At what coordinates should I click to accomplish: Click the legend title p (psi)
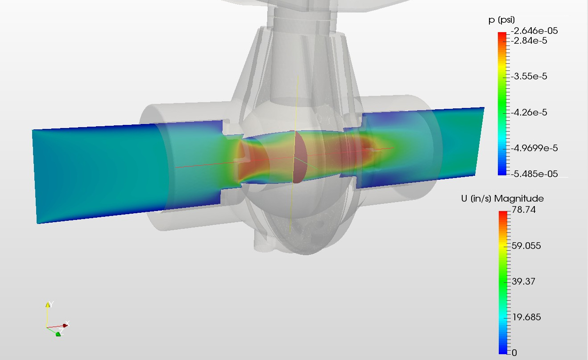pyautogui.click(x=501, y=20)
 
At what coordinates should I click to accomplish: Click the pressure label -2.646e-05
pyautogui.click(x=534, y=31)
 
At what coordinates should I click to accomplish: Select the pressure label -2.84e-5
pyautogui.click(x=529, y=41)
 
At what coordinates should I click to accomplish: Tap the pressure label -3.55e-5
pyautogui.click(x=529, y=76)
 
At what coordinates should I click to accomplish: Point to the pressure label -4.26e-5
pyautogui.click(x=529, y=112)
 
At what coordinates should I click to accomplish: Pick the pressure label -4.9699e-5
pyautogui.click(x=534, y=148)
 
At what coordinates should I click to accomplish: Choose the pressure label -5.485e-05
pyautogui.click(x=534, y=174)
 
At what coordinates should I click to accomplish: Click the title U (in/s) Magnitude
pyautogui.click(x=502, y=199)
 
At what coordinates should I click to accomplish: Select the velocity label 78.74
pyautogui.click(x=524, y=210)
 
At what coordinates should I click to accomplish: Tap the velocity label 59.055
pyautogui.click(x=526, y=246)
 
